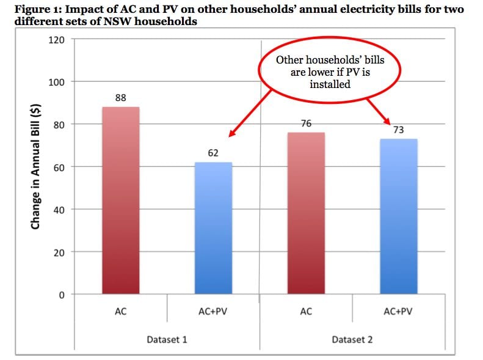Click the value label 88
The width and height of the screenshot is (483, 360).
coord(120,98)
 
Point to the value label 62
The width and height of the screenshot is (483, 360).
coord(213,153)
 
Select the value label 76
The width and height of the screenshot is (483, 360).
coord(306,123)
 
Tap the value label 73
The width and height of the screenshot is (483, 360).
coord(399,130)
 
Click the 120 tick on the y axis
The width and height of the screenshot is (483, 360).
coord(56,40)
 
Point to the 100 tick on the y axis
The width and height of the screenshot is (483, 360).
coord(56,82)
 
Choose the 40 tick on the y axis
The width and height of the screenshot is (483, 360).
coord(58,210)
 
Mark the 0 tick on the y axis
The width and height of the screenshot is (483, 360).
coord(61,295)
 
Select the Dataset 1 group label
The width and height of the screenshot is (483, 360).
coord(167,339)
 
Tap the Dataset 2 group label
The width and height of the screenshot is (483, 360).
coord(352,339)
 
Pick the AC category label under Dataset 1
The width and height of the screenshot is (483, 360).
coord(120,312)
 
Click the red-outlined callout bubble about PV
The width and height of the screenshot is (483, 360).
coord(330,72)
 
